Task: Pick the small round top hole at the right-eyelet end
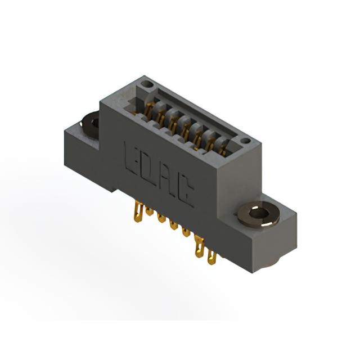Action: click(246, 140)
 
